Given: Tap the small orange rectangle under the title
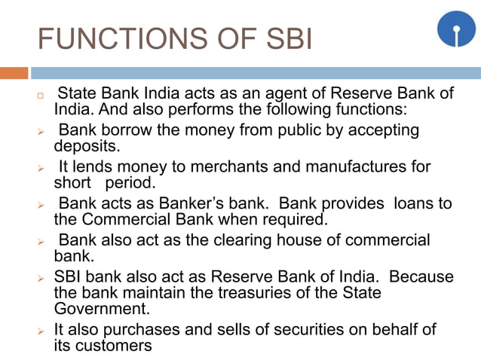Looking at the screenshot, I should point(14,73).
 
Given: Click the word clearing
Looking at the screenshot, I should point(233,240).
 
